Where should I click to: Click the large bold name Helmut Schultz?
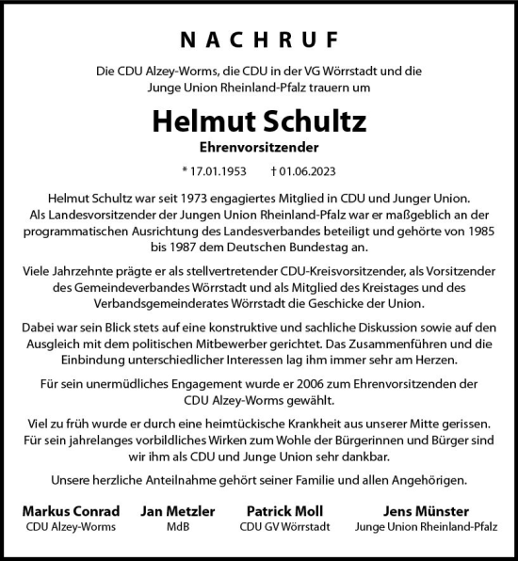(258, 123)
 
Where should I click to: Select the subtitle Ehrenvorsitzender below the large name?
(258, 149)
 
